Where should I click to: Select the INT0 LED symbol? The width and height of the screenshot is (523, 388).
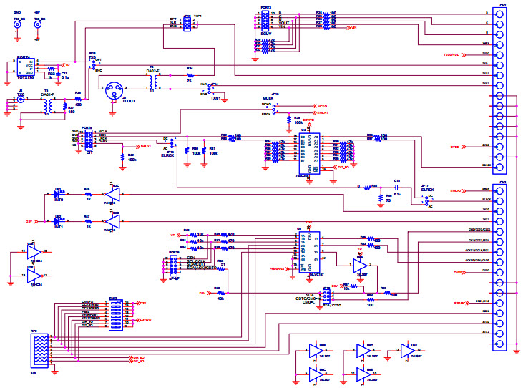coord(59,193)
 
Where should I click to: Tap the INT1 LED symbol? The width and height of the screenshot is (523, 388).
coord(59,221)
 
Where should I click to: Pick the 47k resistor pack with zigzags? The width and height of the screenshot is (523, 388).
coord(40,350)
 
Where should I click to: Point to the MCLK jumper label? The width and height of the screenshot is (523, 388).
coord(268,97)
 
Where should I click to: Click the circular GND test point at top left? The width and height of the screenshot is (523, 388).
coord(17,24)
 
